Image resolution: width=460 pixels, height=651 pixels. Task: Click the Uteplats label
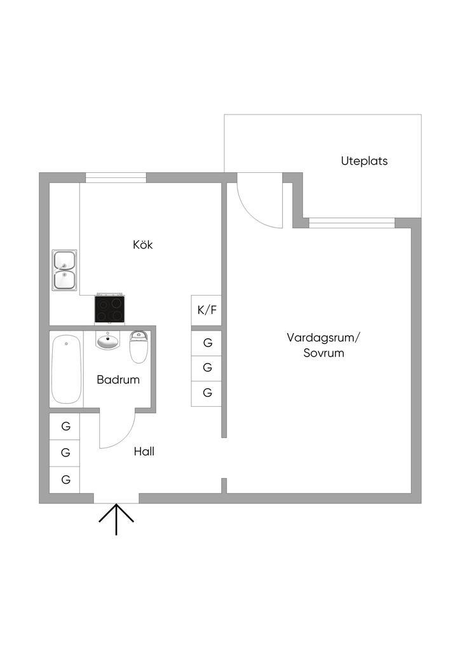364,161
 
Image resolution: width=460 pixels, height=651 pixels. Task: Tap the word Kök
143,245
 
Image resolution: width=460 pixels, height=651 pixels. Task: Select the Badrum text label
118,380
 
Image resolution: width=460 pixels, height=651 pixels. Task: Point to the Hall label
144,452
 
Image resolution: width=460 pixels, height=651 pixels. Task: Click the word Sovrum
323,353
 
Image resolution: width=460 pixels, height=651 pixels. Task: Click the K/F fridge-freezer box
206,310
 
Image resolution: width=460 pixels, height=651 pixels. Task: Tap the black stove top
109,310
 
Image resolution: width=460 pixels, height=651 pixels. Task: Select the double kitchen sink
65,270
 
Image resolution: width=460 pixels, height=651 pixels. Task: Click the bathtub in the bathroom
66,369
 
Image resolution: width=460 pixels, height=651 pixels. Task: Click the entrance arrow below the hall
116,518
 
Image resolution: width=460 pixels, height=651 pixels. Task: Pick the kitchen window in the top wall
116,177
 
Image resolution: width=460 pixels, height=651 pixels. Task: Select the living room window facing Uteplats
351,223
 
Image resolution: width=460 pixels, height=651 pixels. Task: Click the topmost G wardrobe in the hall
65,426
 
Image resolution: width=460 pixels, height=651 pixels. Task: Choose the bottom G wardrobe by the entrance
65,479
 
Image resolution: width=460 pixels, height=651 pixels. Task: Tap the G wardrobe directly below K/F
207,343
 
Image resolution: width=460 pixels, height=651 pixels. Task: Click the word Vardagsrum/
323,337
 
